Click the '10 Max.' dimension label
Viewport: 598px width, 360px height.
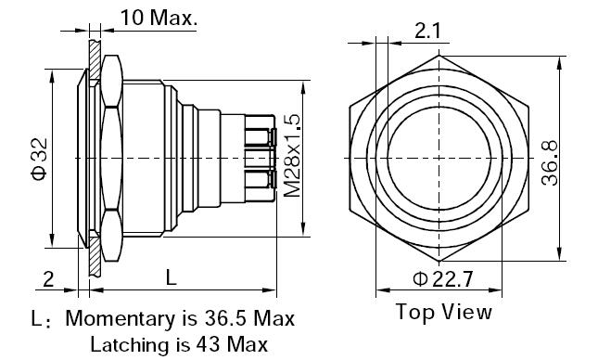[159, 18]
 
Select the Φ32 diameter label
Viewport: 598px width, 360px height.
[40, 159]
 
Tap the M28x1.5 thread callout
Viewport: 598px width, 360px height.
[293, 155]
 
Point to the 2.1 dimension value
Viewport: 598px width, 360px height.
[427, 31]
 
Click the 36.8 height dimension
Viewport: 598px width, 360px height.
[550, 163]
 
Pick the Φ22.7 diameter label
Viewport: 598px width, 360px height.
[443, 279]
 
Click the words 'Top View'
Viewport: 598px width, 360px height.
[443, 312]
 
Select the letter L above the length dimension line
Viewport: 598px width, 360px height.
[172, 277]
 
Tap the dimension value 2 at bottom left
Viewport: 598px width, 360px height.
[48, 279]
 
